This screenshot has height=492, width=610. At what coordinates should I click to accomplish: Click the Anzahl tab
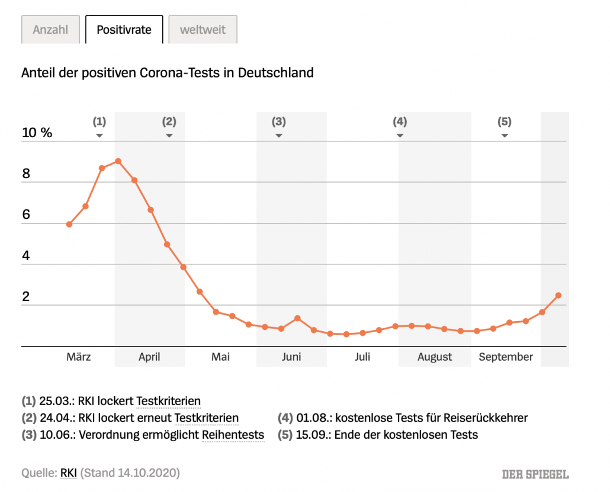pyautogui.click(x=50, y=30)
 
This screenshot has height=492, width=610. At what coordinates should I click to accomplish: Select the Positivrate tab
pyautogui.click(x=124, y=30)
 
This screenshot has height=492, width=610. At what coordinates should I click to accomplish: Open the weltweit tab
pyautogui.click(x=203, y=30)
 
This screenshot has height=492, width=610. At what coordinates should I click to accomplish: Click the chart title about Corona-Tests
pyautogui.click(x=168, y=73)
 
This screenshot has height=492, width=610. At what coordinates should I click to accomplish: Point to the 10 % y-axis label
pyautogui.click(x=37, y=132)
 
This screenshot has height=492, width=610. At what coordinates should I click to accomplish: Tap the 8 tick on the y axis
pyautogui.click(x=26, y=174)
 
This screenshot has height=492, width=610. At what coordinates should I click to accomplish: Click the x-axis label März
pyautogui.click(x=79, y=357)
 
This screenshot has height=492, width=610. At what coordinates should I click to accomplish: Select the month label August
pyautogui.click(x=435, y=357)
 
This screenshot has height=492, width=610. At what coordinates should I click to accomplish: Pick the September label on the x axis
pyautogui.click(x=506, y=357)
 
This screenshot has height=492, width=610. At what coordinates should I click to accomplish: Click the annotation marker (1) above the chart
pyautogui.click(x=99, y=122)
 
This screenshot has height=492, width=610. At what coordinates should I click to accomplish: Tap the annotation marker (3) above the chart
pyautogui.click(x=278, y=122)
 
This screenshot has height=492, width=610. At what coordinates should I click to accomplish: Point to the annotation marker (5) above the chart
pyautogui.click(x=504, y=122)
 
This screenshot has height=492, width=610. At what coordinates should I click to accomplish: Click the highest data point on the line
pyautogui.click(x=118, y=161)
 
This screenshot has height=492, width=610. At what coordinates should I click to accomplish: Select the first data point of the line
pyautogui.click(x=69, y=224)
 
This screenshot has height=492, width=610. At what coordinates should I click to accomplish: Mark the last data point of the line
pyautogui.click(x=558, y=295)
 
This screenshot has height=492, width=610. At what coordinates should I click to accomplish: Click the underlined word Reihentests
pyautogui.click(x=233, y=435)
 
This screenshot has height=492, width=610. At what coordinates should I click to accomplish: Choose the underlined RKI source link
pyautogui.click(x=68, y=473)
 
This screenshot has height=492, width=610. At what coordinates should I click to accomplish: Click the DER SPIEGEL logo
pyautogui.click(x=535, y=474)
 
